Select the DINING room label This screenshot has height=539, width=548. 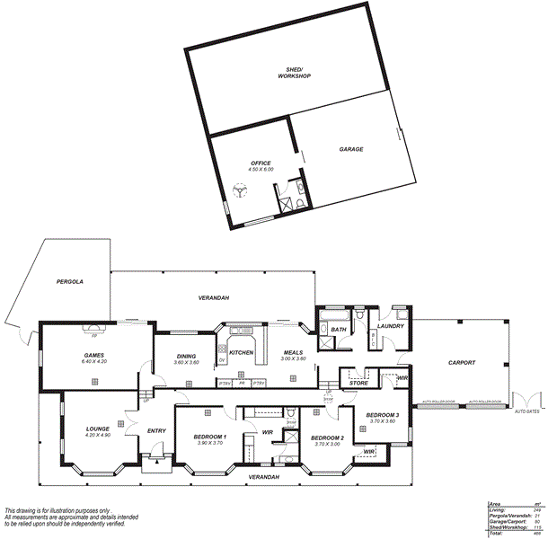[x=186, y=356]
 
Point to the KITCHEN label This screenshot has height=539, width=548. [x=241, y=352]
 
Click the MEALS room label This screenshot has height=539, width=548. [x=294, y=352]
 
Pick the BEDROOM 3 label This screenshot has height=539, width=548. [x=382, y=414]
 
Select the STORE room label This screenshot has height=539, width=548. [x=358, y=384]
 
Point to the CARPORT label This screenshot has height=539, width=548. [x=461, y=362]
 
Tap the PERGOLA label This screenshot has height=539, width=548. [x=68, y=281]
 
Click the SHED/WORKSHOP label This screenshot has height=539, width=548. [x=294, y=73]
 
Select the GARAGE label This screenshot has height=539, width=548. [x=350, y=149]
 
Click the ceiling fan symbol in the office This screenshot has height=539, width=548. [x=240, y=190]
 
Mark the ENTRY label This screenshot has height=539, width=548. [x=156, y=431]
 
